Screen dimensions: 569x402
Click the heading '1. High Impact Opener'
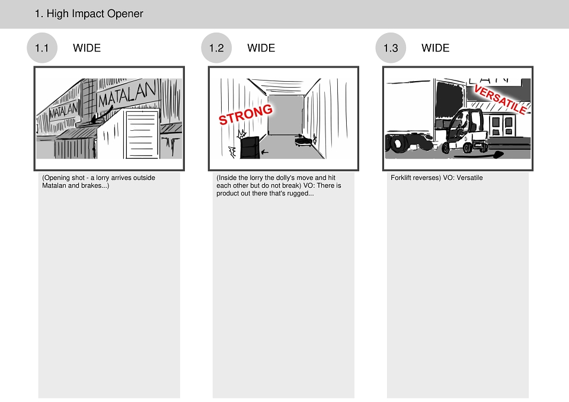tap(89, 14)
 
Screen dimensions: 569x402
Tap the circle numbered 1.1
tap(42, 48)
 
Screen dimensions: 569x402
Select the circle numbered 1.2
tap(216, 48)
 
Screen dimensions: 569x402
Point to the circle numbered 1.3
tap(391, 48)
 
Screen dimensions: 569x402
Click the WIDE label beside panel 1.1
tap(87, 48)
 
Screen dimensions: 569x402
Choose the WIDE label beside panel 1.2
tap(261, 48)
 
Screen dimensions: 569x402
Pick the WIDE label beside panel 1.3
tap(436, 48)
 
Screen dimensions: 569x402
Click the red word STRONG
tap(245, 114)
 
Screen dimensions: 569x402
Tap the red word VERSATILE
tap(501, 99)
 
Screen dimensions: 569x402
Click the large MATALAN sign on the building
tap(127, 94)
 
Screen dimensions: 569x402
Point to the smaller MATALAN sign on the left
tap(64, 110)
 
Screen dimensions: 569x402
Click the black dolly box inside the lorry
tap(250, 147)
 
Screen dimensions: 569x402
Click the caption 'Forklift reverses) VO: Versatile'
tap(437, 178)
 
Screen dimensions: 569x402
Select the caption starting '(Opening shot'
tap(99, 182)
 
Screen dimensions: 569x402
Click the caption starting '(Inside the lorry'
tap(279, 185)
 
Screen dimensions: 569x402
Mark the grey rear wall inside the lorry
tap(286, 115)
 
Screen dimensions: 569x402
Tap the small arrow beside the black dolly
tap(264, 152)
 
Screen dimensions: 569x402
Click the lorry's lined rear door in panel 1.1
tap(142, 134)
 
